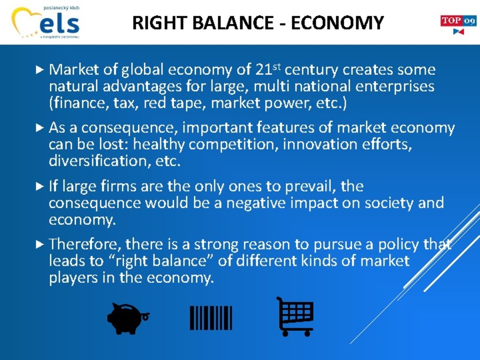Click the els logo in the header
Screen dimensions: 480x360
[x=46, y=22]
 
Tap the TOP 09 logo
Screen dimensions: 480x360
[x=458, y=25]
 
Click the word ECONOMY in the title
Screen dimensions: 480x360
[x=338, y=23]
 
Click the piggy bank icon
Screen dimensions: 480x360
[x=127, y=318]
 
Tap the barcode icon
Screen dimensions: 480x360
[x=211, y=318]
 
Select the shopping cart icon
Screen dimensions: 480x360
[x=295, y=316]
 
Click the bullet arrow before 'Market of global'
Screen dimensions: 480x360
[x=40, y=70]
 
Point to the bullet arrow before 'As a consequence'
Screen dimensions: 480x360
[x=40, y=127]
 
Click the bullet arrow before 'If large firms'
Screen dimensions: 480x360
[x=40, y=186]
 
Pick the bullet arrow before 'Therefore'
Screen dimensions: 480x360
[x=40, y=244]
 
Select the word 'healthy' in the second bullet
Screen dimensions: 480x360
[x=158, y=145]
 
